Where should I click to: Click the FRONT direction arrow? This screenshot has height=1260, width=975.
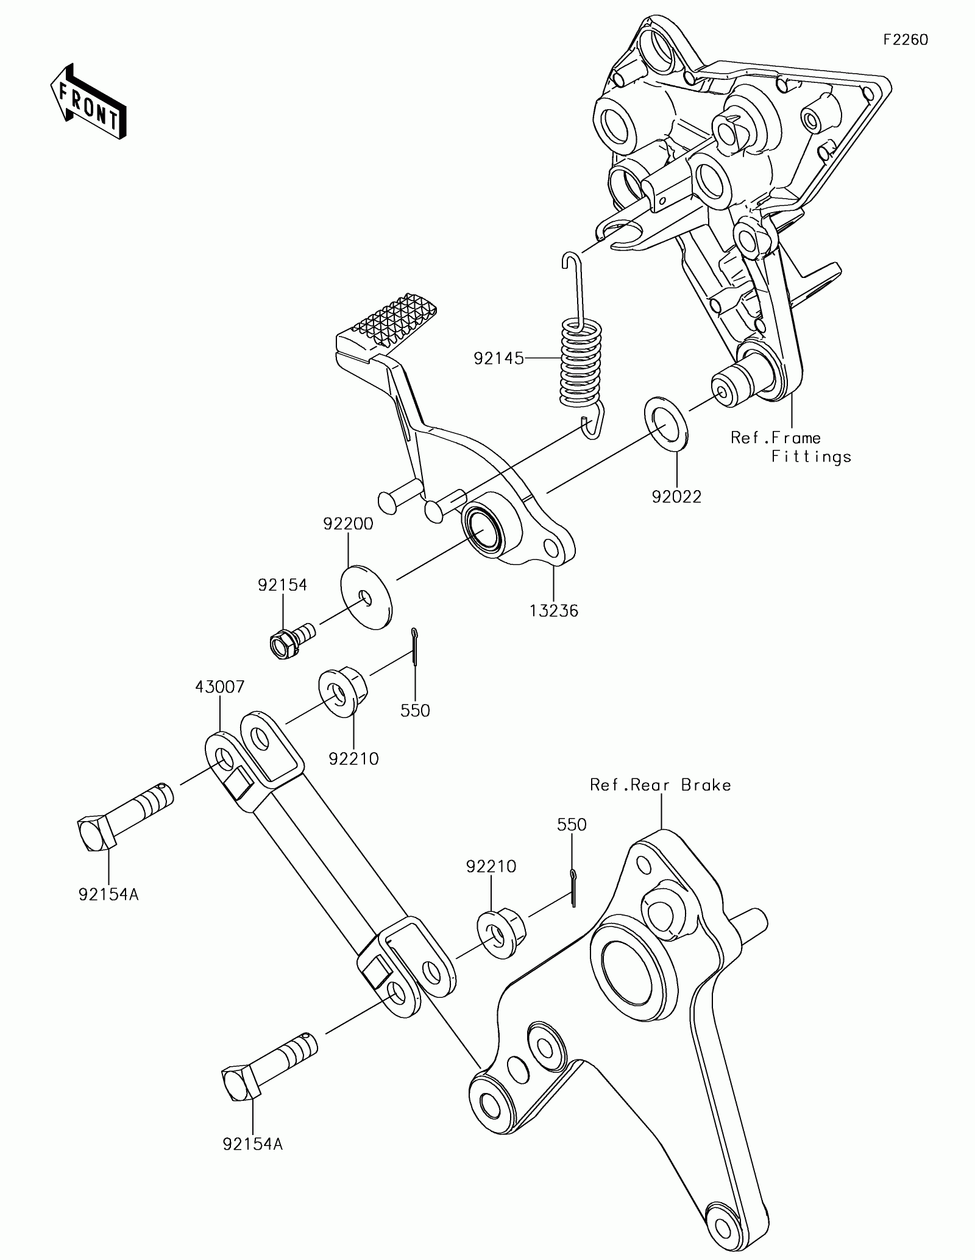coord(88,101)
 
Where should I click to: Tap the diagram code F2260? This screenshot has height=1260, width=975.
coord(906,40)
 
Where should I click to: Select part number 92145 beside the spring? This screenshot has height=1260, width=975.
coord(499,358)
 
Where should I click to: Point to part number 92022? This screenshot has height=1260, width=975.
coord(676,497)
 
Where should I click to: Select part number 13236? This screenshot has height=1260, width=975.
coord(553,610)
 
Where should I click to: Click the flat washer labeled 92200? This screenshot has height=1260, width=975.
coord(366,598)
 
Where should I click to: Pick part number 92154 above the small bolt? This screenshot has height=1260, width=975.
coord(282,585)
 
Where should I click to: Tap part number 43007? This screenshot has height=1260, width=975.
coord(220,687)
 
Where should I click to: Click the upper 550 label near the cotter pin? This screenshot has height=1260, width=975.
coord(415,710)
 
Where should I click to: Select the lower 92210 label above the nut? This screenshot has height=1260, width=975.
coord(491,866)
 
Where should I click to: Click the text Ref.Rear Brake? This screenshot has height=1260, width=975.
coord(660,785)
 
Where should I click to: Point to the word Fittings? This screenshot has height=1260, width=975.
coord(811,457)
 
